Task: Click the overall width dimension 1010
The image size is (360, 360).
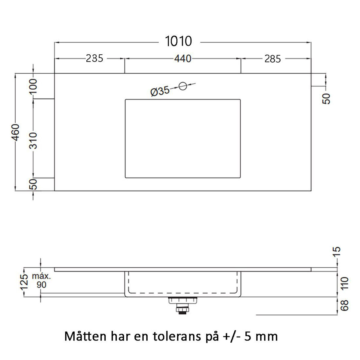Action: point(178,41)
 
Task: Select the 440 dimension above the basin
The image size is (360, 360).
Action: point(183,58)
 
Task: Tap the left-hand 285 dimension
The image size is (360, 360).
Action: point(94,58)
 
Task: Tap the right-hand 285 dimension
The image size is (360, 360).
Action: point(272,59)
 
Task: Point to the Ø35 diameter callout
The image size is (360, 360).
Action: point(160,91)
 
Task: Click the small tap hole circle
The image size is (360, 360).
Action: point(183,86)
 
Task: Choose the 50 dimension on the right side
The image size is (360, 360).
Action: point(327,98)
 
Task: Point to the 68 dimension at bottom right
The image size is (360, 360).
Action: point(345,306)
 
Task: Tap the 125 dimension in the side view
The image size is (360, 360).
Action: point(25,282)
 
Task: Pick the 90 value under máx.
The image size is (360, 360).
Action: point(41,284)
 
